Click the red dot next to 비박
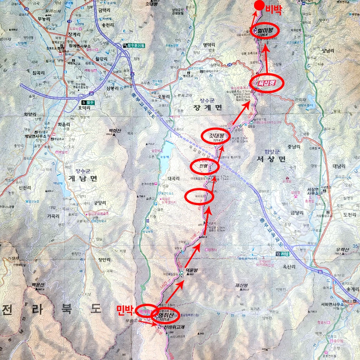coord(260,5)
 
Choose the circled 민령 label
coord(204,166)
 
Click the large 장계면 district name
coord(208,107)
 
